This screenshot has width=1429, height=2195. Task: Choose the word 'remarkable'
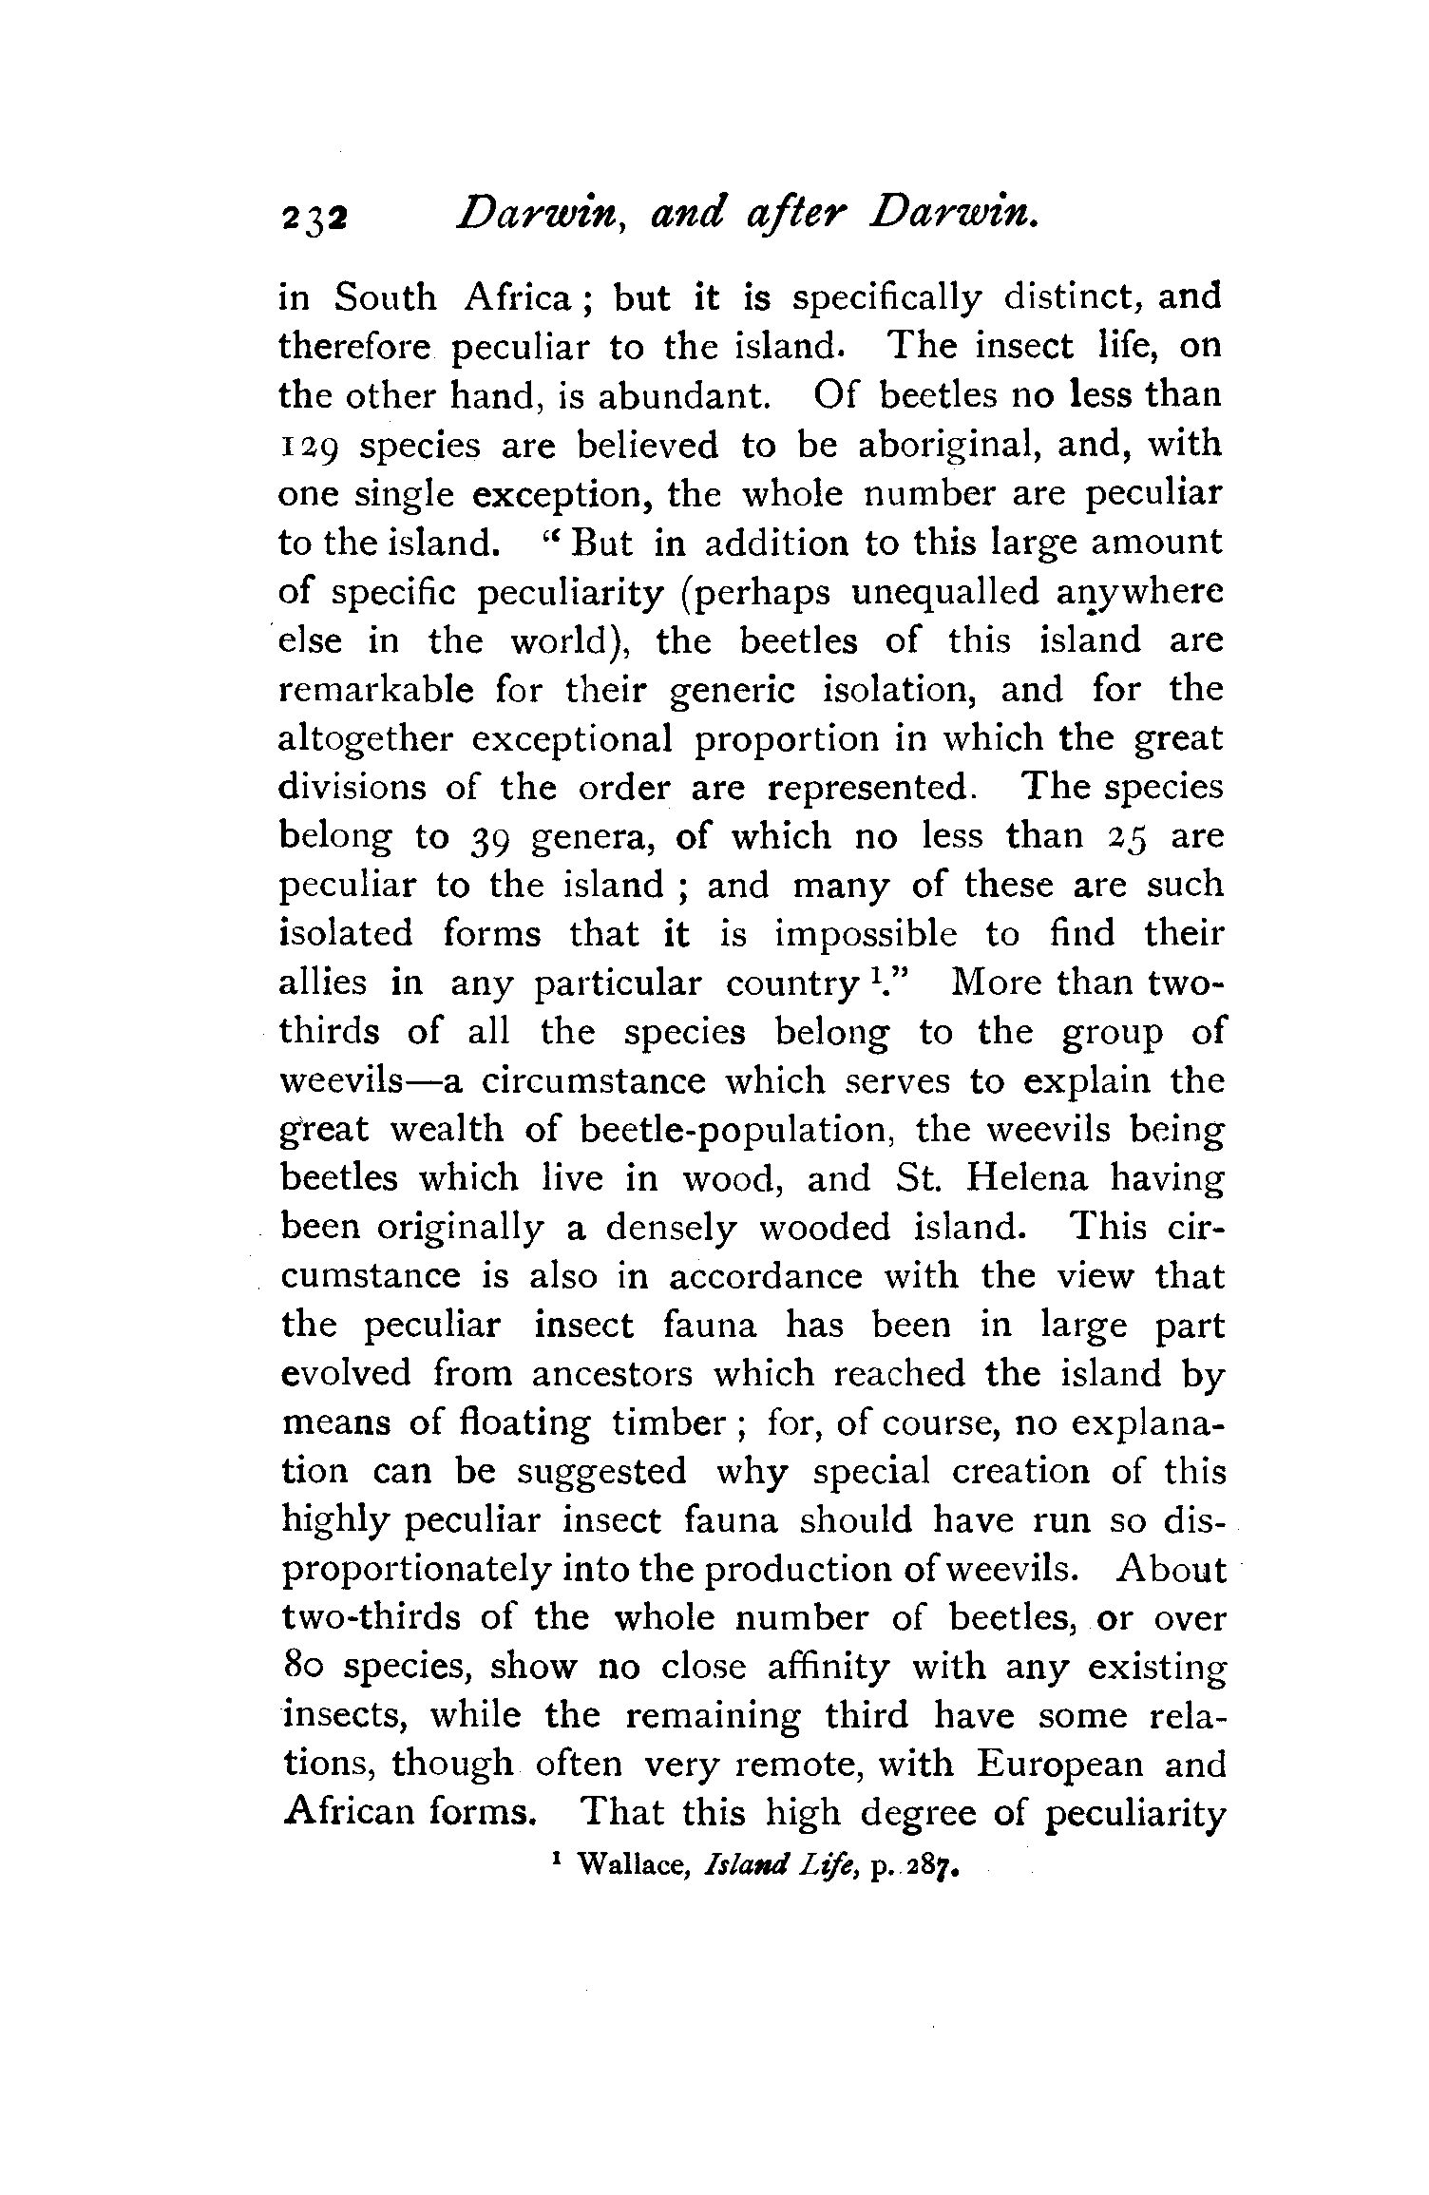pyautogui.click(x=376, y=690)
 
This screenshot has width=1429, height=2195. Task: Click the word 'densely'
pyautogui.click(x=670, y=1228)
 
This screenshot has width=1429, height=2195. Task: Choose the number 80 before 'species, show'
pyautogui.click(x=304, y=1668)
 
